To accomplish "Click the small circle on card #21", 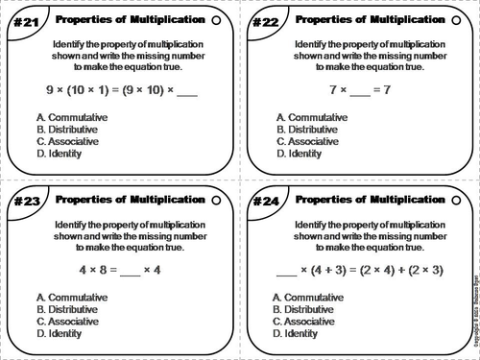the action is (218, 19).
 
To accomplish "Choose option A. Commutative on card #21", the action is (70, 117).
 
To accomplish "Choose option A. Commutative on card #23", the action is (70, 297).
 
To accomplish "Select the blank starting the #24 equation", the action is (287, 272).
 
